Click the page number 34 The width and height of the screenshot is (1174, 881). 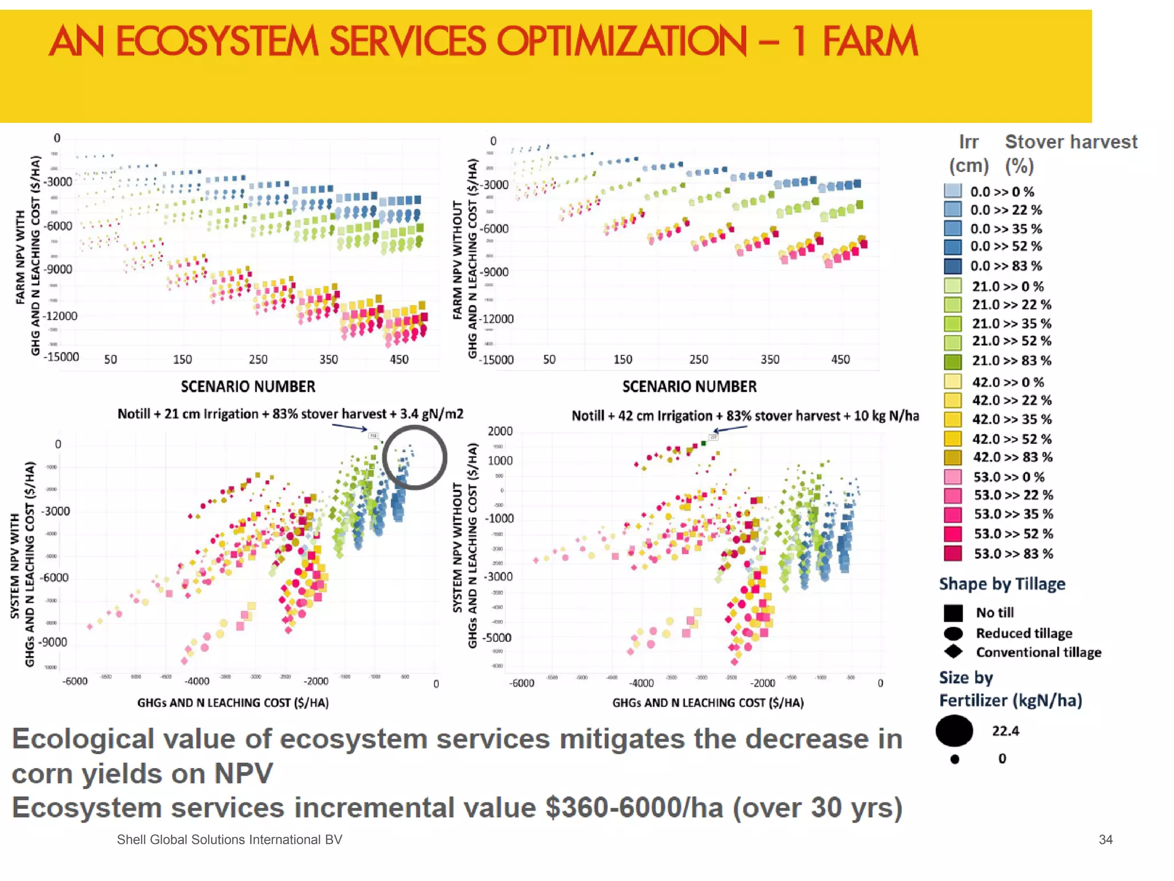tap(1105, 840)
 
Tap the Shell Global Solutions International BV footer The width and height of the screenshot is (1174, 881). tap(229, 840)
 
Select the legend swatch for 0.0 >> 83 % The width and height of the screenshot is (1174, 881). tap(953, 266)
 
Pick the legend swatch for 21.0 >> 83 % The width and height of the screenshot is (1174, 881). tap(953, 361)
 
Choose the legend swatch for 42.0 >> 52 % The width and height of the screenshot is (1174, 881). tap(953, 439)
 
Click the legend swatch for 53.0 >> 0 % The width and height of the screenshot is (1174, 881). tap(953, 477)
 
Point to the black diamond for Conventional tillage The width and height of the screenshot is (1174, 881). tap(953, 652)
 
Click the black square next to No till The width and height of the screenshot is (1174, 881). tap(953, 613)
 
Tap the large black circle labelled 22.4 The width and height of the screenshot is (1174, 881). tap(954, 731)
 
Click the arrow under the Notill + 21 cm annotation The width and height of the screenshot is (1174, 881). tap(349, 427)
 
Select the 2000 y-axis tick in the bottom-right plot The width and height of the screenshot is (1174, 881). tap(500, 431)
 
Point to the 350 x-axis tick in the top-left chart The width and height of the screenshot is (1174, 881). tap(328, 360)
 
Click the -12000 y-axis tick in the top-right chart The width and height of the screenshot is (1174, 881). tap(496, 319)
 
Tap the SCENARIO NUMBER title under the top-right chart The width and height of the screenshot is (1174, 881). tap(689, 387)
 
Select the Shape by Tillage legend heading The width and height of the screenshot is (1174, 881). tap(1002, 584)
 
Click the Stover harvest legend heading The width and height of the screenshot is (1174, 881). tap(1071, 142)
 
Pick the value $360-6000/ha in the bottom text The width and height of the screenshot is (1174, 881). tap(634, 808)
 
